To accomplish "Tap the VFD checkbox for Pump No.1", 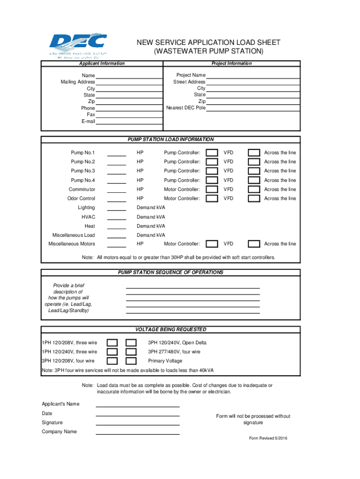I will click(212, 153).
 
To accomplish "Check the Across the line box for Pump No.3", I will click(254, 171).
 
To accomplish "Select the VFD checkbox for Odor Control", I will click(212, 198).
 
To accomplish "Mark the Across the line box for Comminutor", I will click(254, 189).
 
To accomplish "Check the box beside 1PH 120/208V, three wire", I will click(113, 343).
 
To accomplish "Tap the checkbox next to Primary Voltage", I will click(131, 361).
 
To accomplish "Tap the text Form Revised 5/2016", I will click(268, 438).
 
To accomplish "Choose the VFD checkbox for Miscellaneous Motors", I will click(212, 244).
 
